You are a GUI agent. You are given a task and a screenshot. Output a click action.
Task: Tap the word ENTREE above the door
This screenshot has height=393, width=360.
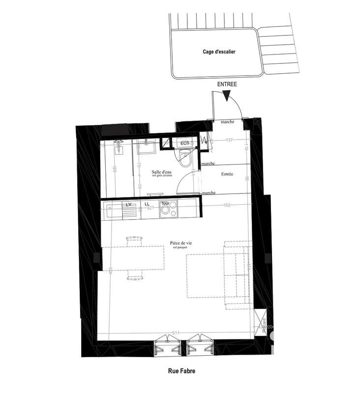coord(227,84)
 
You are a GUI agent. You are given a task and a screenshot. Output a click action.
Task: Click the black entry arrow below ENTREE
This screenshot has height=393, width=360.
coord(227,97)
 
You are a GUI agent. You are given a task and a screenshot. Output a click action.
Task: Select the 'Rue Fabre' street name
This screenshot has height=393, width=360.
coord(181,371)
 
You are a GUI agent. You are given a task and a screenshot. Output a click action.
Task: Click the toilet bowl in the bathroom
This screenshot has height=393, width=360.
coord(185,158)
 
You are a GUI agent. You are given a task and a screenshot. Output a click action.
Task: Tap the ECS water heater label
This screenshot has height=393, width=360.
coord(185,143)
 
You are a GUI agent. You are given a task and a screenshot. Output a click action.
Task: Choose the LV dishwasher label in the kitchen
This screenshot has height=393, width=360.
coord(129,204)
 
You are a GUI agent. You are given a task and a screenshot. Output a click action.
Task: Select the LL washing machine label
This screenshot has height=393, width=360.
coord(147,204)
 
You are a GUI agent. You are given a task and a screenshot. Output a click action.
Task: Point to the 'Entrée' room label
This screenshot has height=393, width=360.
coord(227,174)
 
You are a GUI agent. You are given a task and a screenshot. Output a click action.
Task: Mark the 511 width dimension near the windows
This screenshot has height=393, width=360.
coord(176,333)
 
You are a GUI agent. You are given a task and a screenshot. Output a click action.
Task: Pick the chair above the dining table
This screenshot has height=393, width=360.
coord(134,241)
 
